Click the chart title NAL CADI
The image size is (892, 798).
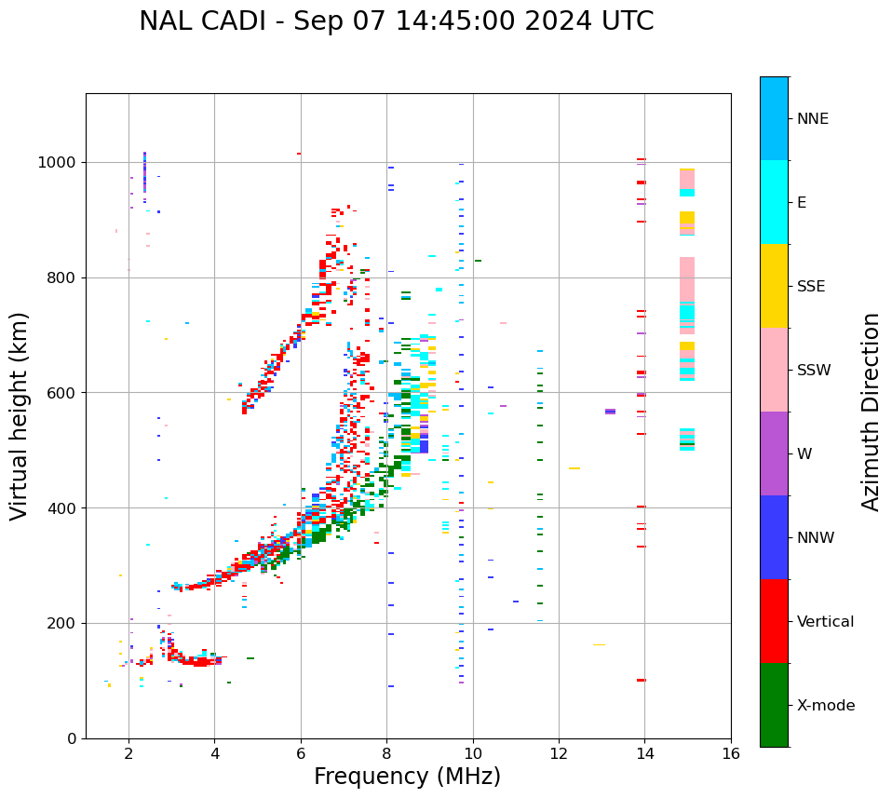point(396,21)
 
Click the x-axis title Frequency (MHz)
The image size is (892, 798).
point(407,777)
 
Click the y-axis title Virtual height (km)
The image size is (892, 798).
point(20,415)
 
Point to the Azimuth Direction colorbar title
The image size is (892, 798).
point(871,411)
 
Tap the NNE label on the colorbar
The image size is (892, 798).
point(812,119)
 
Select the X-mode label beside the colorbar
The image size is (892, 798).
point(825,706)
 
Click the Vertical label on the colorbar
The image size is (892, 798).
point(825,622)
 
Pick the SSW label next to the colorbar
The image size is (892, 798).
point(814,371)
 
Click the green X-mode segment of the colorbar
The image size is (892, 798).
point(774,705)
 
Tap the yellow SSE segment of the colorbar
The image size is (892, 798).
point(774,286)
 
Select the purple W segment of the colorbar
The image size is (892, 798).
point(774,453)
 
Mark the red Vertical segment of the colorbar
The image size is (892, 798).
point(774,621)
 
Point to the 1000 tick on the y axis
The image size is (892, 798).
point(59,163)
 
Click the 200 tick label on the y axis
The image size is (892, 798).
point(63,624)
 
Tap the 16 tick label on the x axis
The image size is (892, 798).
point(731,753)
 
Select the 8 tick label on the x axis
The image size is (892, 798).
point(386,753)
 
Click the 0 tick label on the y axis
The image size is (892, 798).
point(73,738)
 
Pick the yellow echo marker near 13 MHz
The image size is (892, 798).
point(599,644)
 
